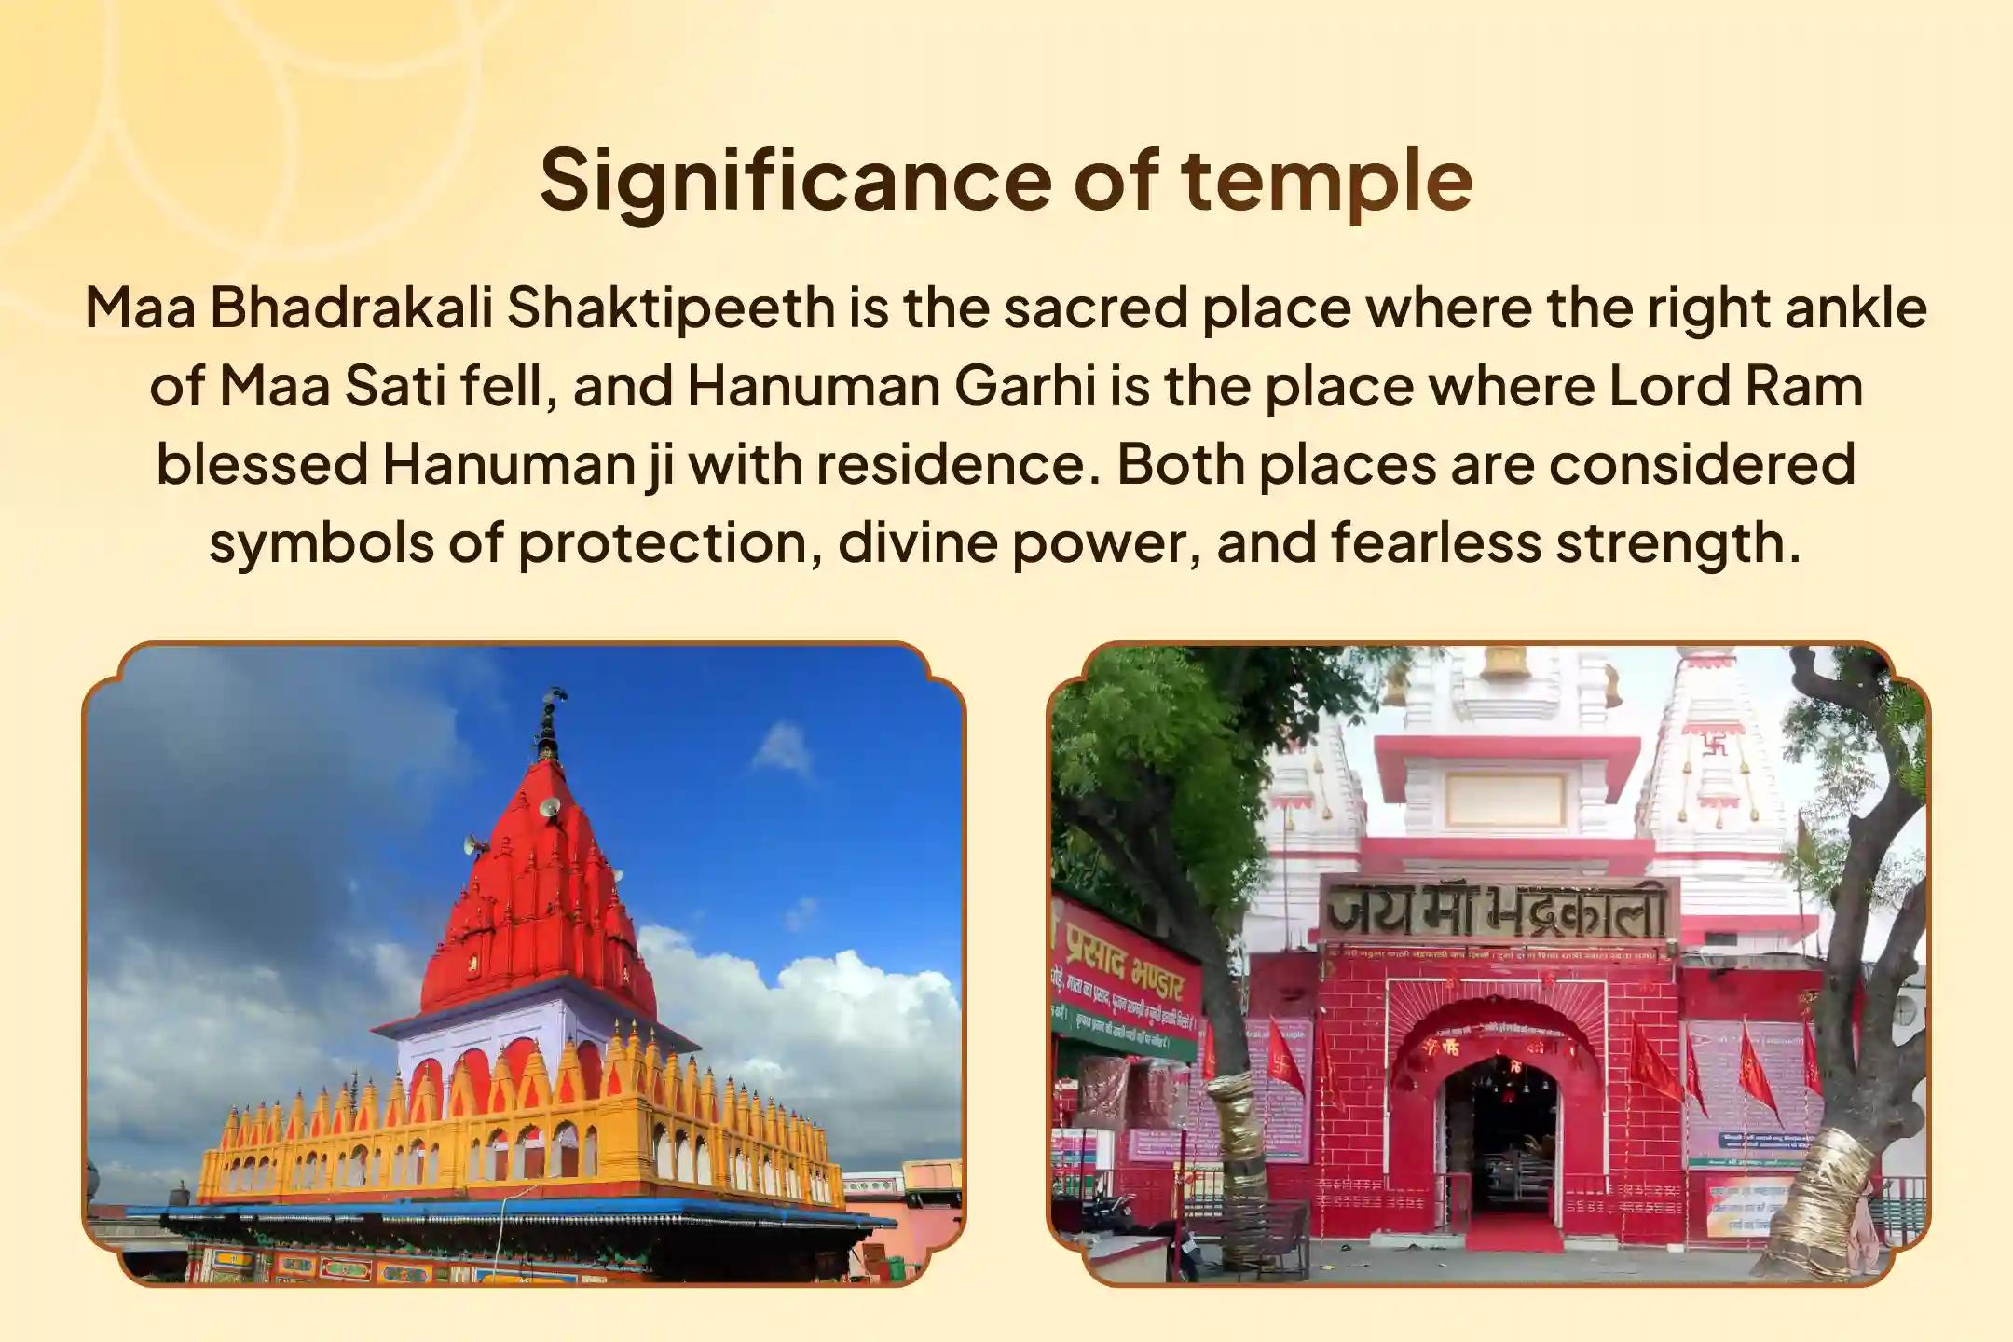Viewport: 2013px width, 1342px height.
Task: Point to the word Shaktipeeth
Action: coord(670,309)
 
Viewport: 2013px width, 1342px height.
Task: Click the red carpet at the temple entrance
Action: coord(1511,1236)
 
